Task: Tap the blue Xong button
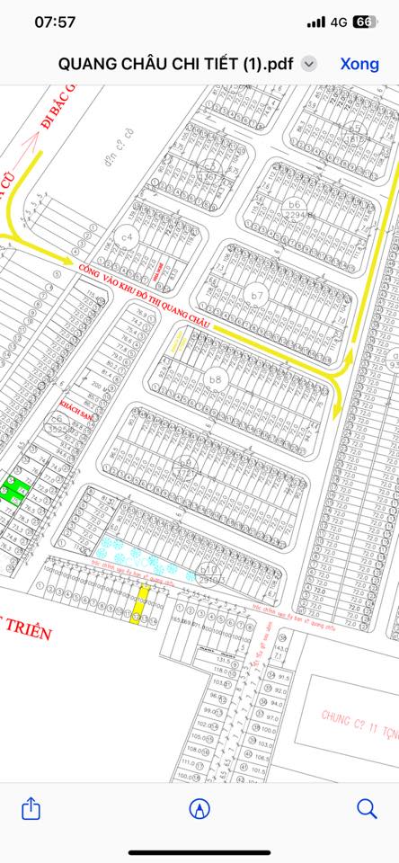pos(359,64)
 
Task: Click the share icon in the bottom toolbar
pos(31,808)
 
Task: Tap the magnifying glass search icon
pos(367,808)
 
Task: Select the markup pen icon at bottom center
pos(199,808)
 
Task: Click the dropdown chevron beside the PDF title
pos(309,64)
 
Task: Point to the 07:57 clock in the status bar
pos(55,22)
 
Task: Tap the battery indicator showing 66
pos(364,22)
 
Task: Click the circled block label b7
pos(258,296)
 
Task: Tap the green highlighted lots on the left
pos(14,489)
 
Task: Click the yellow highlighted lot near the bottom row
pos(142,606)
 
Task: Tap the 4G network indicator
pos(339,22)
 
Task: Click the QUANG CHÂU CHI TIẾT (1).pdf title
pos(177,64)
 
